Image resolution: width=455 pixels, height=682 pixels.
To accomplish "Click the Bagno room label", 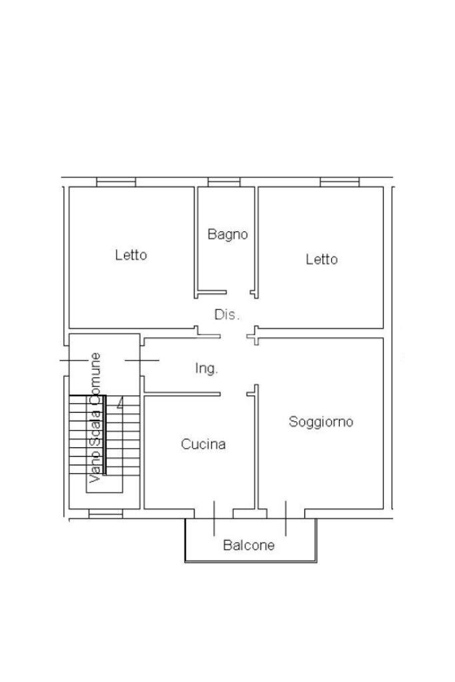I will click(x=227, y=234).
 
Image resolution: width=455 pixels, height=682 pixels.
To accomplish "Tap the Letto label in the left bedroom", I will click(x=131, y=255).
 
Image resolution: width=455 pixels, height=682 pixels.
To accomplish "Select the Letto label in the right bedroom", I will click(x=321, y=259).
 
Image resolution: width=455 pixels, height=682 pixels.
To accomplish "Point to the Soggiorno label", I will click(x=320, y=421).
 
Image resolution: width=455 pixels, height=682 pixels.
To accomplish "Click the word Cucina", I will click(x=203, y=444).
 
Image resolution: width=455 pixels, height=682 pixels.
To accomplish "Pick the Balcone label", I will click(x=248, y=545).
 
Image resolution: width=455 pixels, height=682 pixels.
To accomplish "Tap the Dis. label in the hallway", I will click(x=227, y=314).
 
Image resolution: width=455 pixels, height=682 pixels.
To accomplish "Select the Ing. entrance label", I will click(x=207, y=368).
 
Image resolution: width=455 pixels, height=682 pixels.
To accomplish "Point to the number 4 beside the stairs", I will click(x=120, y=403).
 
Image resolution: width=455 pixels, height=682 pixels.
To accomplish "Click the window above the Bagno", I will click(x=223, y=182).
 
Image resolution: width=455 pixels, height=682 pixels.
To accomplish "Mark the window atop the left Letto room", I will click(x=116, y=182).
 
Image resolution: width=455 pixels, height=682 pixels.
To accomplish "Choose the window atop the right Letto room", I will click(x=339, y=182).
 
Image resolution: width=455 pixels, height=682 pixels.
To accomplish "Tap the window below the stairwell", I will click(x=106, y=513).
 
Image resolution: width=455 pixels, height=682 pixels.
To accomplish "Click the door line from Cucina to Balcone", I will click(x=214, y=518).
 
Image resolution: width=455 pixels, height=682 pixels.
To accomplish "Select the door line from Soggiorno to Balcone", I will click(x=286, y=518).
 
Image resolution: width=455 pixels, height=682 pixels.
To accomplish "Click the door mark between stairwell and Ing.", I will click(x=142, y=360).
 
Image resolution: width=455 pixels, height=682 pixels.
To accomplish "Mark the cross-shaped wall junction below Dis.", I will click(x=253, y=336).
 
